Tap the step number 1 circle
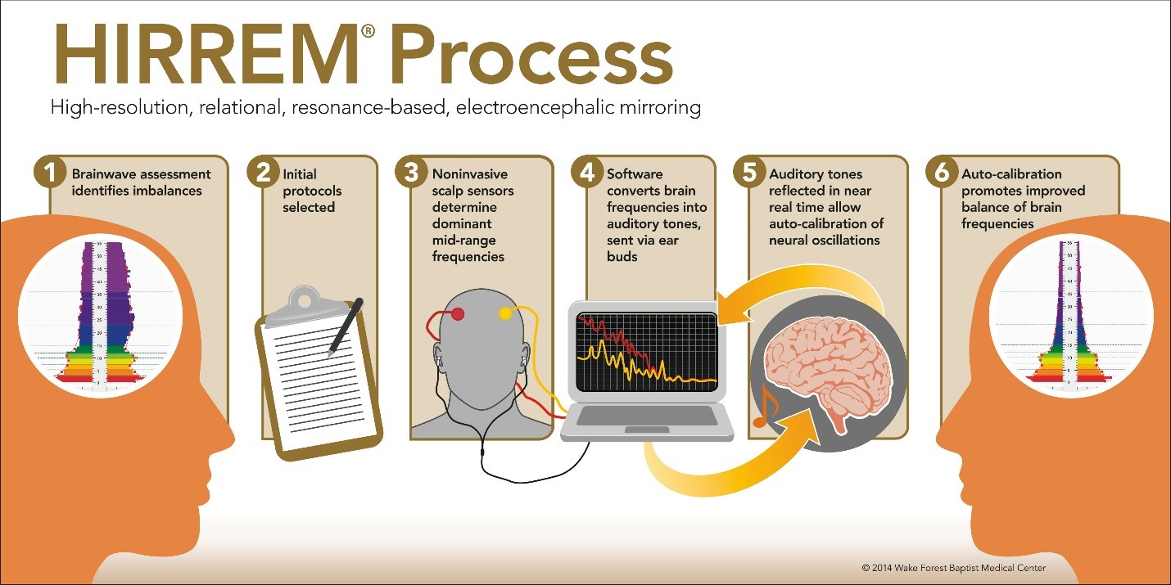(50, 173)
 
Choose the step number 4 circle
(587, 173)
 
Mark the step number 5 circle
(748, 173)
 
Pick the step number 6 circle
(941, 173)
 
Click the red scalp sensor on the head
(458, 313)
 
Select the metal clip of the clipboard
(304, 302)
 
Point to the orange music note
(763, 407)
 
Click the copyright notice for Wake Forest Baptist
(953, 568)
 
